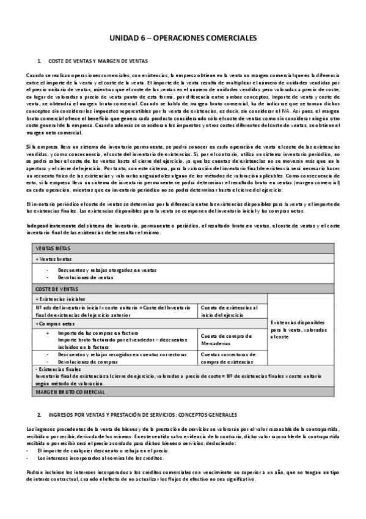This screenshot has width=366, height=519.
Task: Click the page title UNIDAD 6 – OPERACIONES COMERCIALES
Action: coord(183,38)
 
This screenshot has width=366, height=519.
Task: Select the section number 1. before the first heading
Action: coord(40,61)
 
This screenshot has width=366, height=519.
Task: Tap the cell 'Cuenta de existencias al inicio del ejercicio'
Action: coord(230,311)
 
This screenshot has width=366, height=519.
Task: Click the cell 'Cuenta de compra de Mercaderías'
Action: coord(224,340)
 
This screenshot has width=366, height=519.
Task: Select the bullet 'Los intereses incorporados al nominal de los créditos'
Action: coord(99,458)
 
